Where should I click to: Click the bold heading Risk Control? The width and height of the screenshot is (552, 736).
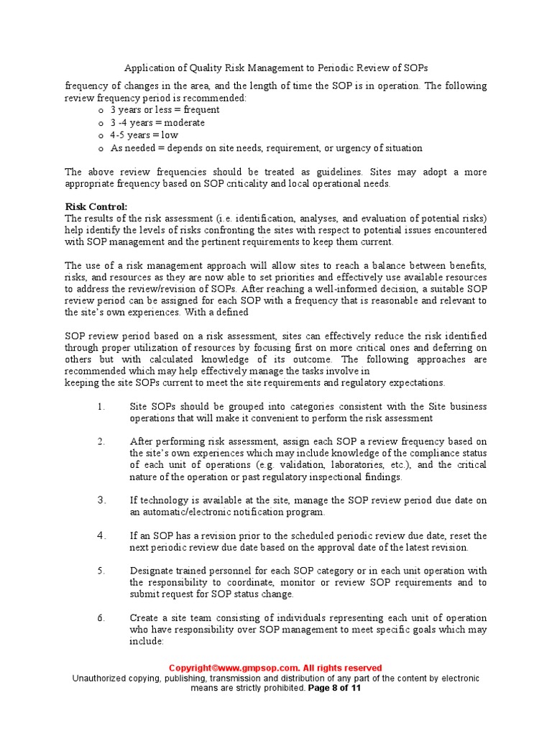click(x=96, y=206)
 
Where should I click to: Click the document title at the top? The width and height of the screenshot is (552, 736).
click(x=276, y=68)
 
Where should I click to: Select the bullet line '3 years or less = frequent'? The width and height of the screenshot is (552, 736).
click(x=165, y=110)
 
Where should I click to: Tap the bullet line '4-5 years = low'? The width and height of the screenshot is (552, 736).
click(x=144, y=135)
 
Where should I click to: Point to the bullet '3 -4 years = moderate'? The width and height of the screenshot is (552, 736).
click(x=157, y=123)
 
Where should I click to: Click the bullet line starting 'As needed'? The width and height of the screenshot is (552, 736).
click(x=266, y=148)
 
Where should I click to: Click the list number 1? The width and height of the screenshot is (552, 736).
click(x=101, y=407)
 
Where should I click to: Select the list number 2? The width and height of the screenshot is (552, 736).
click(x=101, y=441)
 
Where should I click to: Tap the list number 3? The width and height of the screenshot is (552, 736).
click(x=101, y=500)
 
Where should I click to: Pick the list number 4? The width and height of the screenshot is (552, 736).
click(x=101, y=535)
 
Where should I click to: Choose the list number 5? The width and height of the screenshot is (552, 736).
click(x=101, y=571)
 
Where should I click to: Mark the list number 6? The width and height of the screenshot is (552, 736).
click(x=101, y=618)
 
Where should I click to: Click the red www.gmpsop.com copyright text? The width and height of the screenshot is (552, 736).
click(x=275, y=668)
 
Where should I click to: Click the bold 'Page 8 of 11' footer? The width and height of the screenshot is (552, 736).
click(x=334, y=688)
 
